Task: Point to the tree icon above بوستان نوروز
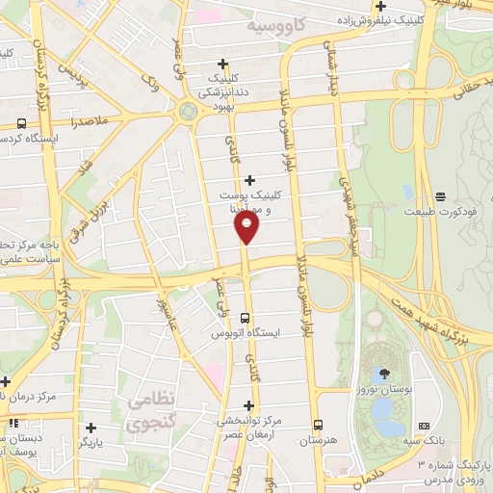click(x=384, y=373)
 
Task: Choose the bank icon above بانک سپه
click(x=424, y=426)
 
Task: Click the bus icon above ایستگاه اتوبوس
click(x=245, y=317)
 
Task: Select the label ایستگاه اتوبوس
click(x=246, y=333)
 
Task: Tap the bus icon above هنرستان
click(x=318, y=424)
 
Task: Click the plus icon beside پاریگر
click(x=91, y=428)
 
